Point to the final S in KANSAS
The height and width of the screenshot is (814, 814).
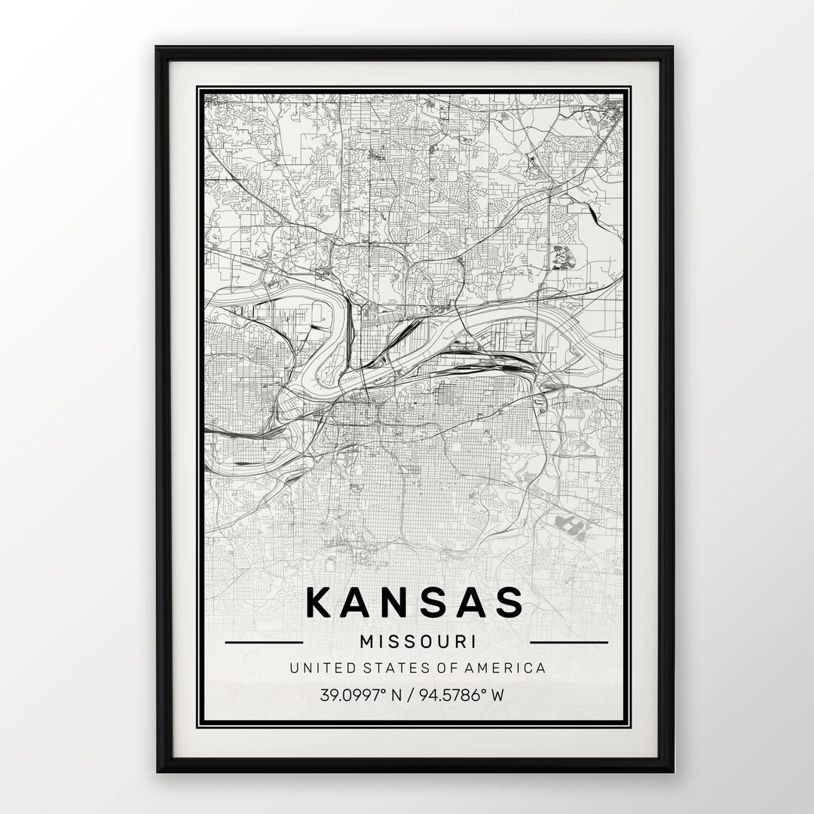507,602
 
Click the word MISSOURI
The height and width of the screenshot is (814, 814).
418,642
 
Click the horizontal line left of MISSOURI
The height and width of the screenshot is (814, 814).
264,643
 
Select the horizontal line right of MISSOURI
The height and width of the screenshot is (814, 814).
569,643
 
